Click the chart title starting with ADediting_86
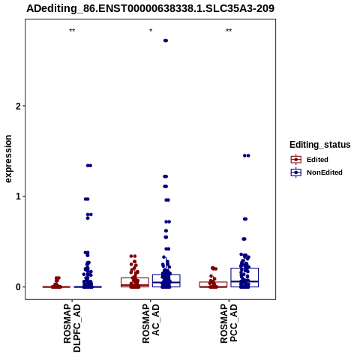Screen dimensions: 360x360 coord(150,8)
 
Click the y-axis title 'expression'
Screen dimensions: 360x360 coord(8,159)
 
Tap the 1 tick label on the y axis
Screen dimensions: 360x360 coord(18,196)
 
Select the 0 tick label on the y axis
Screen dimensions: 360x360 coord(18,287)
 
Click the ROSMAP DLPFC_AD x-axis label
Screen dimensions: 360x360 coord(72,328)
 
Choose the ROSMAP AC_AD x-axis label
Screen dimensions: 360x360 coord(151,324)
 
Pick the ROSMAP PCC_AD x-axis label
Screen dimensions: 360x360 coord(229,324)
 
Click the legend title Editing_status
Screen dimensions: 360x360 coord(320,145)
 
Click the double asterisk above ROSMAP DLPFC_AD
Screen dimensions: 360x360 coord(72,31)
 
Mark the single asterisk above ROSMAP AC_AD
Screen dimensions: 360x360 coord(151,31)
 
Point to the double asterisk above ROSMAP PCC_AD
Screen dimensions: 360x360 coord(229,31)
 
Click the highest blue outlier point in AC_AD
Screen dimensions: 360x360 coord(166,40)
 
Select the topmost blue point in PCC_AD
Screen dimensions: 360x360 coord(247,155)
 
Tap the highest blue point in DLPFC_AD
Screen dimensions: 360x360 coord(89,166)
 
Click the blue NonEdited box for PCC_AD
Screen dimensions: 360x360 coord(244,277)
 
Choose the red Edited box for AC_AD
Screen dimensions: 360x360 coord(135,282)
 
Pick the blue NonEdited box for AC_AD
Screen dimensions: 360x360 coord(166,280)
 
